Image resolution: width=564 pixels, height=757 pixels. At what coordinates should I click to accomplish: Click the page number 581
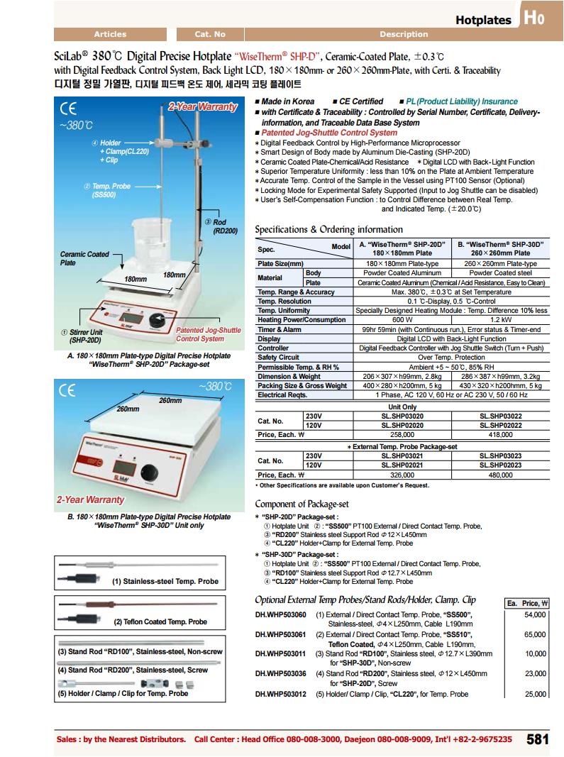(538, 739)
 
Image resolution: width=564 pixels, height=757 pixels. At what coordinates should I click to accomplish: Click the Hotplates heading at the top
(483, 20)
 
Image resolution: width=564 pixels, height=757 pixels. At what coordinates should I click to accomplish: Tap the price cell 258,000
(402, 433)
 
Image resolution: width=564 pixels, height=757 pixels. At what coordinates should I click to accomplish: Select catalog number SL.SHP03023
(501, 457)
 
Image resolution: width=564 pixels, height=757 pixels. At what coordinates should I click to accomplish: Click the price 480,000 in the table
(501, 475)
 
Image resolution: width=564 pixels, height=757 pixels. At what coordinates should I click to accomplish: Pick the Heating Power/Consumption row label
(291, 320)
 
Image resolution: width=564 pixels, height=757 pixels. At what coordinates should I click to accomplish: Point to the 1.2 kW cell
(501, 320)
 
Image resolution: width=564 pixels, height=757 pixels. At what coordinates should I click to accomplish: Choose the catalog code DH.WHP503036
(281, 673)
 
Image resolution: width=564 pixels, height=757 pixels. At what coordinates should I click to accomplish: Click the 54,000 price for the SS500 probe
(535, 614)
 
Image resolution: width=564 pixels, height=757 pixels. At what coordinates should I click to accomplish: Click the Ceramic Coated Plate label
(84, 258)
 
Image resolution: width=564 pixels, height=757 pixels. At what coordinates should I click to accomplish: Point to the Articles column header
(110, 34)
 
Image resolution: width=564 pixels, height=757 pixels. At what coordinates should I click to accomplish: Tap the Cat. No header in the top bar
(210, 34)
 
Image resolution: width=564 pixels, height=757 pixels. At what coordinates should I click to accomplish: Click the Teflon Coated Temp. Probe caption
(160, 621)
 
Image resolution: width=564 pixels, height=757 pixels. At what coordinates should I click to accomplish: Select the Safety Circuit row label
(278, 358)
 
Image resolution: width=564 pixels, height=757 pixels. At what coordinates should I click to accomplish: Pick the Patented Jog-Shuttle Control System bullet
(329, 133)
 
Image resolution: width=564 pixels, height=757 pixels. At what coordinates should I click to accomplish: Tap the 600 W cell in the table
(402, 320)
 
